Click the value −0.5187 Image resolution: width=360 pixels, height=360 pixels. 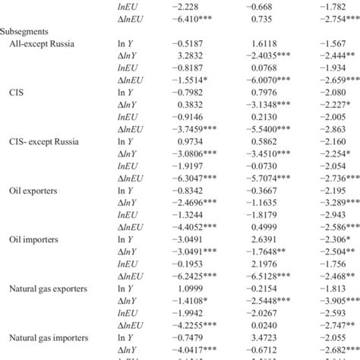pyautogui.click(x=189, y=46)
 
